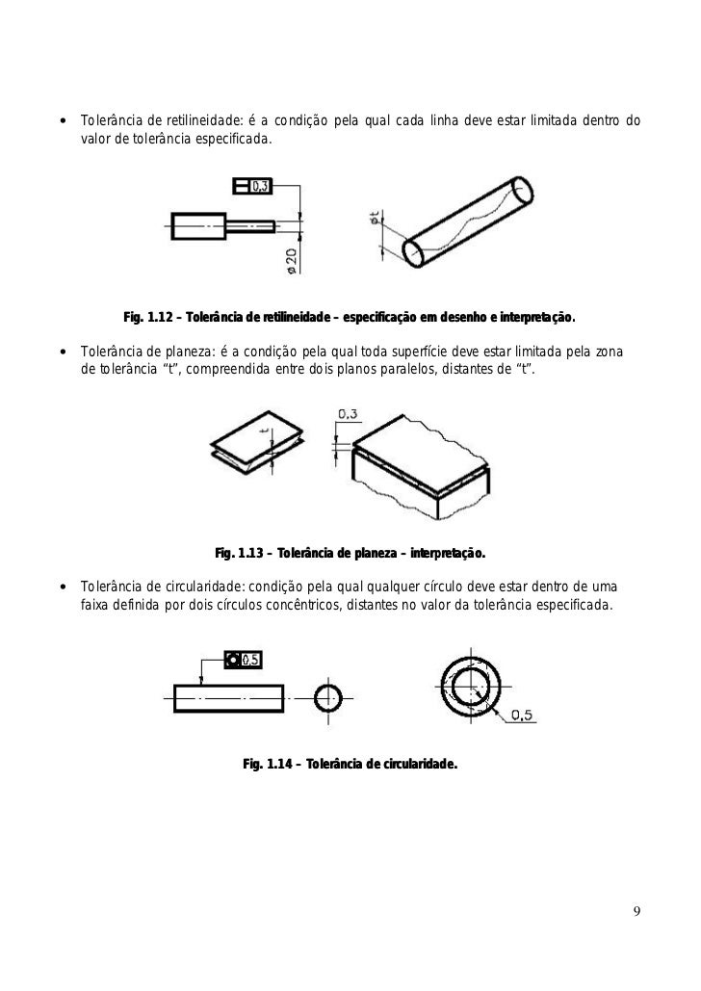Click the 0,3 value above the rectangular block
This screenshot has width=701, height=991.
coord(348,414)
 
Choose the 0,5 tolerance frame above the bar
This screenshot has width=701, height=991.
coord(243,659)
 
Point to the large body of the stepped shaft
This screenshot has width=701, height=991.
coord(198,226)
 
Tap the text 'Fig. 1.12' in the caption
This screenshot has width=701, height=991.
coord(147,316)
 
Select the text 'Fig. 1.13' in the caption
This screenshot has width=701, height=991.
coord(239,554)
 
